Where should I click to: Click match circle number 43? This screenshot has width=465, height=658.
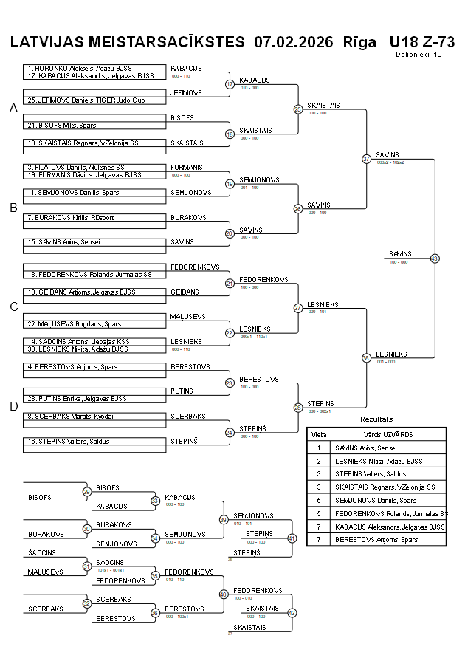click(x=435, y=258)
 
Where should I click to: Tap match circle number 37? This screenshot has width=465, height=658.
click(x=366, y=159)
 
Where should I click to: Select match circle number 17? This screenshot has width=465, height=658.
click(x=230, y=84)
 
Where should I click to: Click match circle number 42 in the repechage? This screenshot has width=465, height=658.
click(x=292, y=612)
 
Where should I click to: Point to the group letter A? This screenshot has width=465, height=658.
click(x=13, y=109)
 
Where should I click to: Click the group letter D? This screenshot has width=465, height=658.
click(x=13, y=405)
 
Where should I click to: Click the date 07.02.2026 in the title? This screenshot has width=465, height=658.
click(x=293, y=41)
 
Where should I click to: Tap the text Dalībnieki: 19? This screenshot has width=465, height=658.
click(x=418, y=55)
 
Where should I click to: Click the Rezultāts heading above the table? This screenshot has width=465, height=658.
click(x=376, y=419)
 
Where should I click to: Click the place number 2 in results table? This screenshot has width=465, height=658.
click(x=319, y=461)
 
